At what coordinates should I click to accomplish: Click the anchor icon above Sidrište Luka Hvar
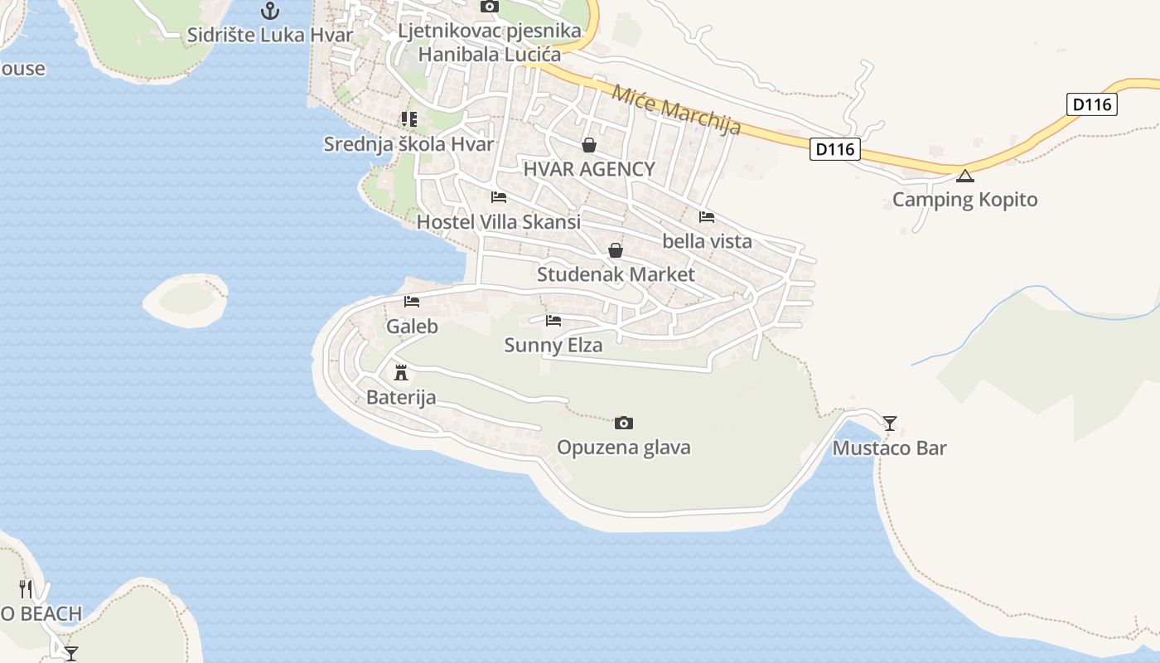[270, 11]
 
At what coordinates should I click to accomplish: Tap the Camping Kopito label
[964, 200]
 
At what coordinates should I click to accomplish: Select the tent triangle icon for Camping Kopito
[964, 176]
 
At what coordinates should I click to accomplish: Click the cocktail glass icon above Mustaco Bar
[890, 423]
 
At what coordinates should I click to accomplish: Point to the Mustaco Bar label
[889, 448]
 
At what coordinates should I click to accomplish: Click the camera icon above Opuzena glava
[624, 423]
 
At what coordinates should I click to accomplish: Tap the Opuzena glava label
[623, 448]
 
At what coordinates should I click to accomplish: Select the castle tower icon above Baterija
[402, 371]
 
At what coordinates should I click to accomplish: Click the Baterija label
[401, 398]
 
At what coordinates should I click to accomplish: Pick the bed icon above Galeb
[412, 302]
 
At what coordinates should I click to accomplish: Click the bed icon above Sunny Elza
[553, 321]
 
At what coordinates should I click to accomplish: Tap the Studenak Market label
[616, 274]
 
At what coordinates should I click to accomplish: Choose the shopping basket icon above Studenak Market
[616, 250]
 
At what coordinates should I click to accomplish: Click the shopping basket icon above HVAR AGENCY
[589, 146]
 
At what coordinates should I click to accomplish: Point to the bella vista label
[707, 241]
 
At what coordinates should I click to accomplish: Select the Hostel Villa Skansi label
[498, 222]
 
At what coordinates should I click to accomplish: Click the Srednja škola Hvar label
[408, 144]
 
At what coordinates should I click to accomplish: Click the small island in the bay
[186, 300]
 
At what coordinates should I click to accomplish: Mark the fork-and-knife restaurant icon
[26, 589]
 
